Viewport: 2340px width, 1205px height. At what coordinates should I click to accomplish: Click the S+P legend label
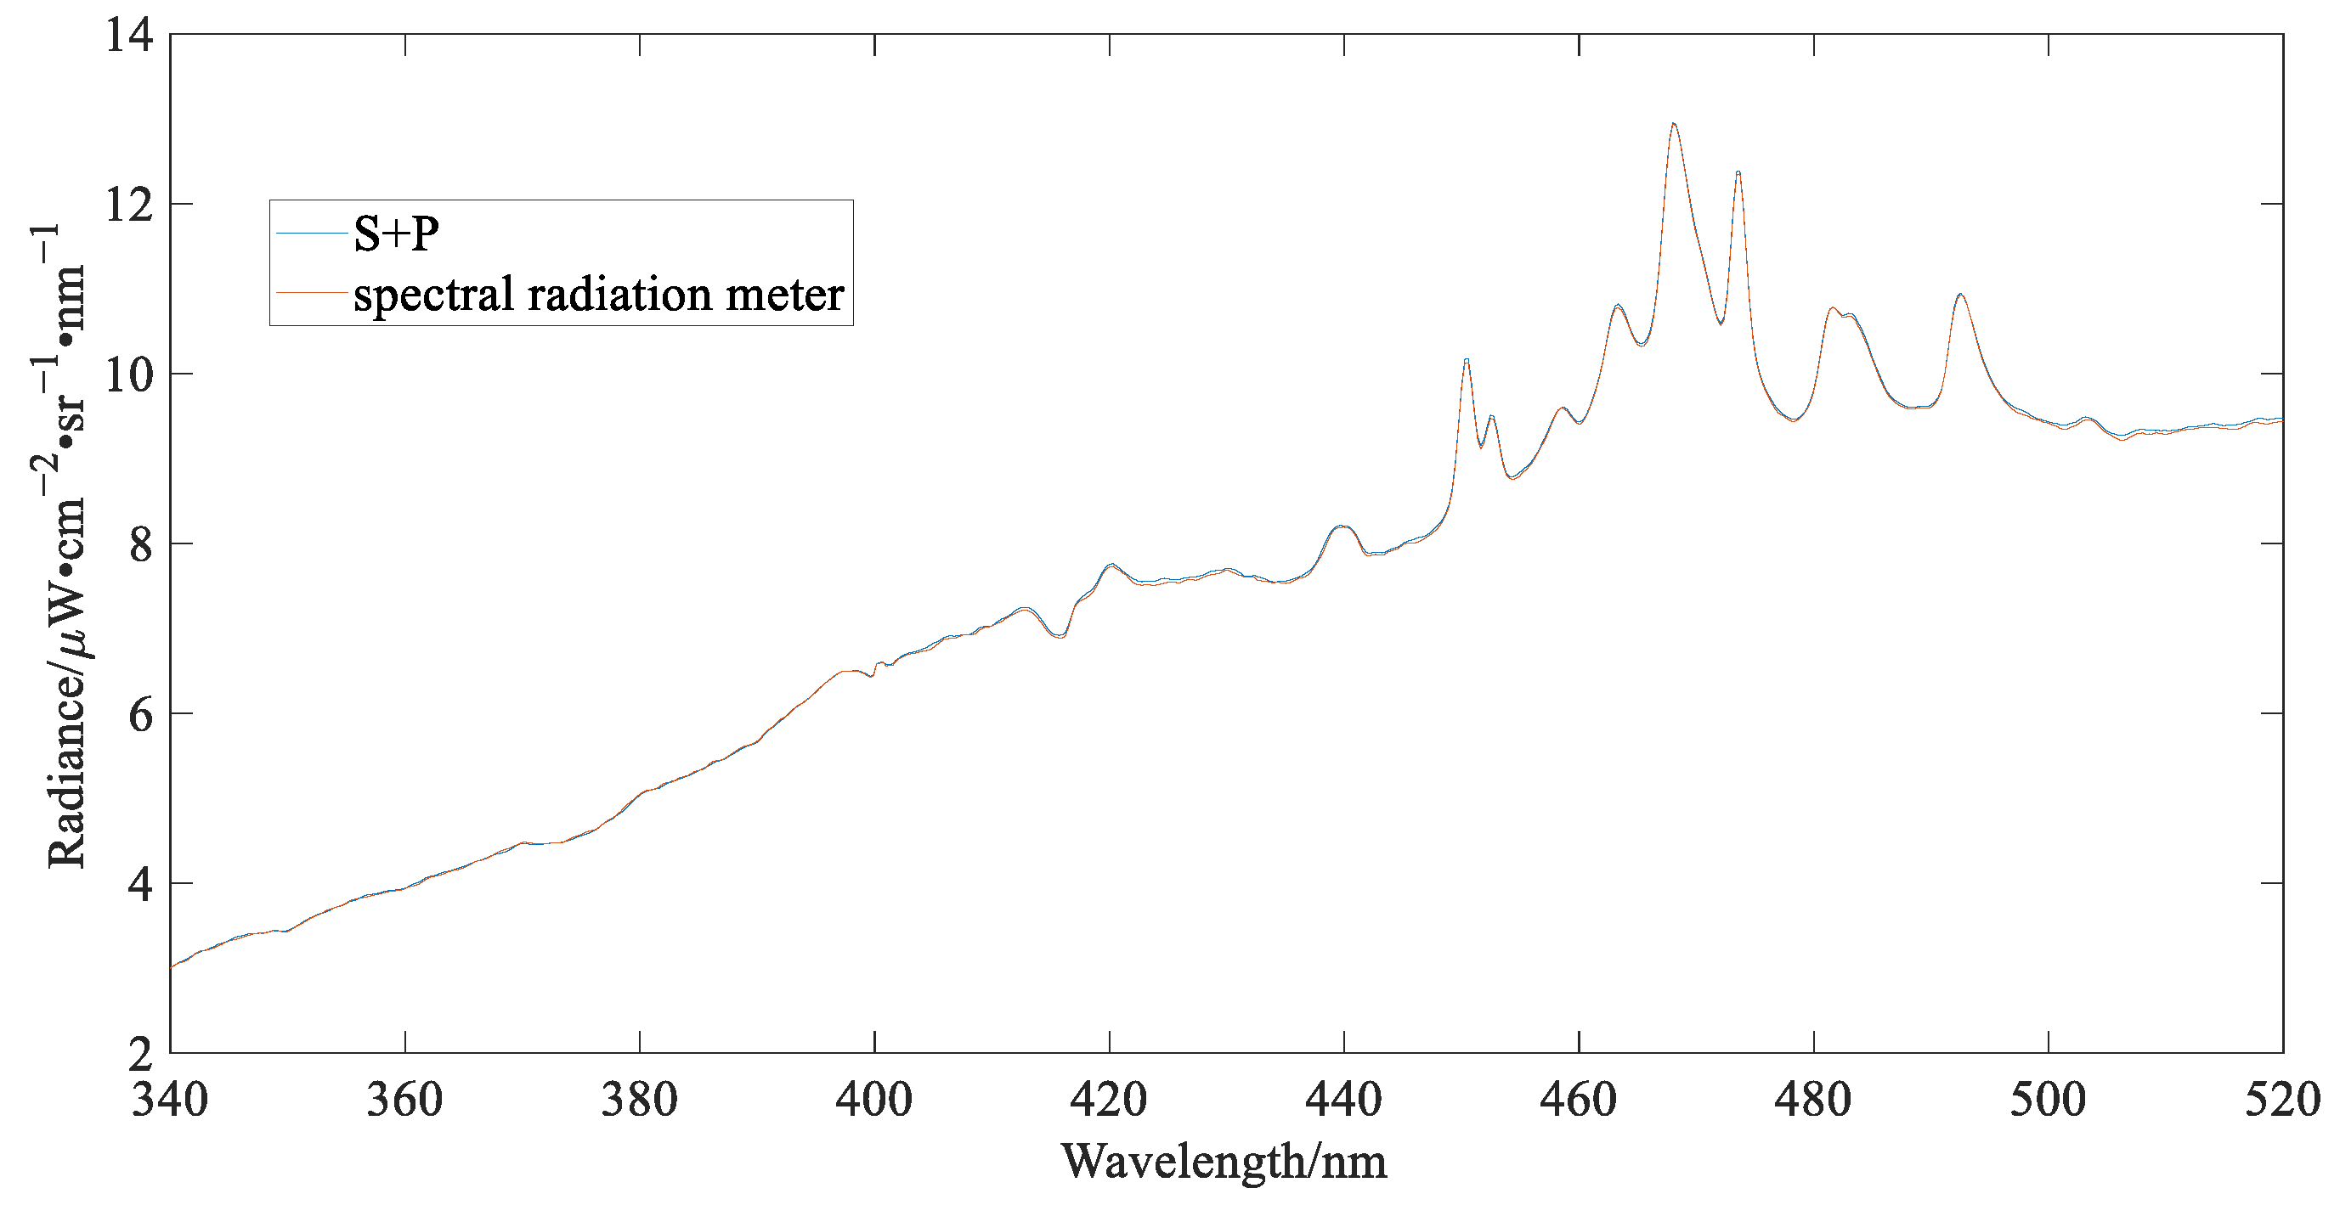[x=396, y=234]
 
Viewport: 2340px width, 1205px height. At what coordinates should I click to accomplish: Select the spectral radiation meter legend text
[x=599, y=294]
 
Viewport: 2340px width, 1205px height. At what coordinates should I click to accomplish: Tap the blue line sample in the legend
[x=312, y=234]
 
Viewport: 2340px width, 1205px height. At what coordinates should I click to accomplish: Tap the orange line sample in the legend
[x=312, y=292]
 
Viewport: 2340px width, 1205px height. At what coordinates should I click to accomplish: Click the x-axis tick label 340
[x=170, y=1100]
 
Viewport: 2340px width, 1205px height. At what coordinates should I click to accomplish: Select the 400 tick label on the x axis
[x=873, y=1100]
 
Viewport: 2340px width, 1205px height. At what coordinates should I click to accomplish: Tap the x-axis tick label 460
[x=1578, y=1100]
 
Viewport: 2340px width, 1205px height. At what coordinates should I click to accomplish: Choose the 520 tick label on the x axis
[x=2282, y=1100]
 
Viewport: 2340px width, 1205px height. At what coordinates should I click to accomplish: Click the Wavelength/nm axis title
[x=1224, y=1162]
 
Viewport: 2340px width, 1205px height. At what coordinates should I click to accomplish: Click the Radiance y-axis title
[x=65, y=545]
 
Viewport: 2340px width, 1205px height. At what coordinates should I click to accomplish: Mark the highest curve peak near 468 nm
[x=1673, y=123]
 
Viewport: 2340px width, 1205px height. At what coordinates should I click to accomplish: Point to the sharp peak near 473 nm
[x=1738, y=172]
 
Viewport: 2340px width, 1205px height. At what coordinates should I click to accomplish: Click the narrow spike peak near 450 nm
[x=1467, y=361]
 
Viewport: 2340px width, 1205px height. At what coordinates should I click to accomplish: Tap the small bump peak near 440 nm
[x=1342, y=526]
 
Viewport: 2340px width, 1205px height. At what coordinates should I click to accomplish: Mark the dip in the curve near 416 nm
[x=1060, y=636]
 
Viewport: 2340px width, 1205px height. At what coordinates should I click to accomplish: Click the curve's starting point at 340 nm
[x=172, y=967]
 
